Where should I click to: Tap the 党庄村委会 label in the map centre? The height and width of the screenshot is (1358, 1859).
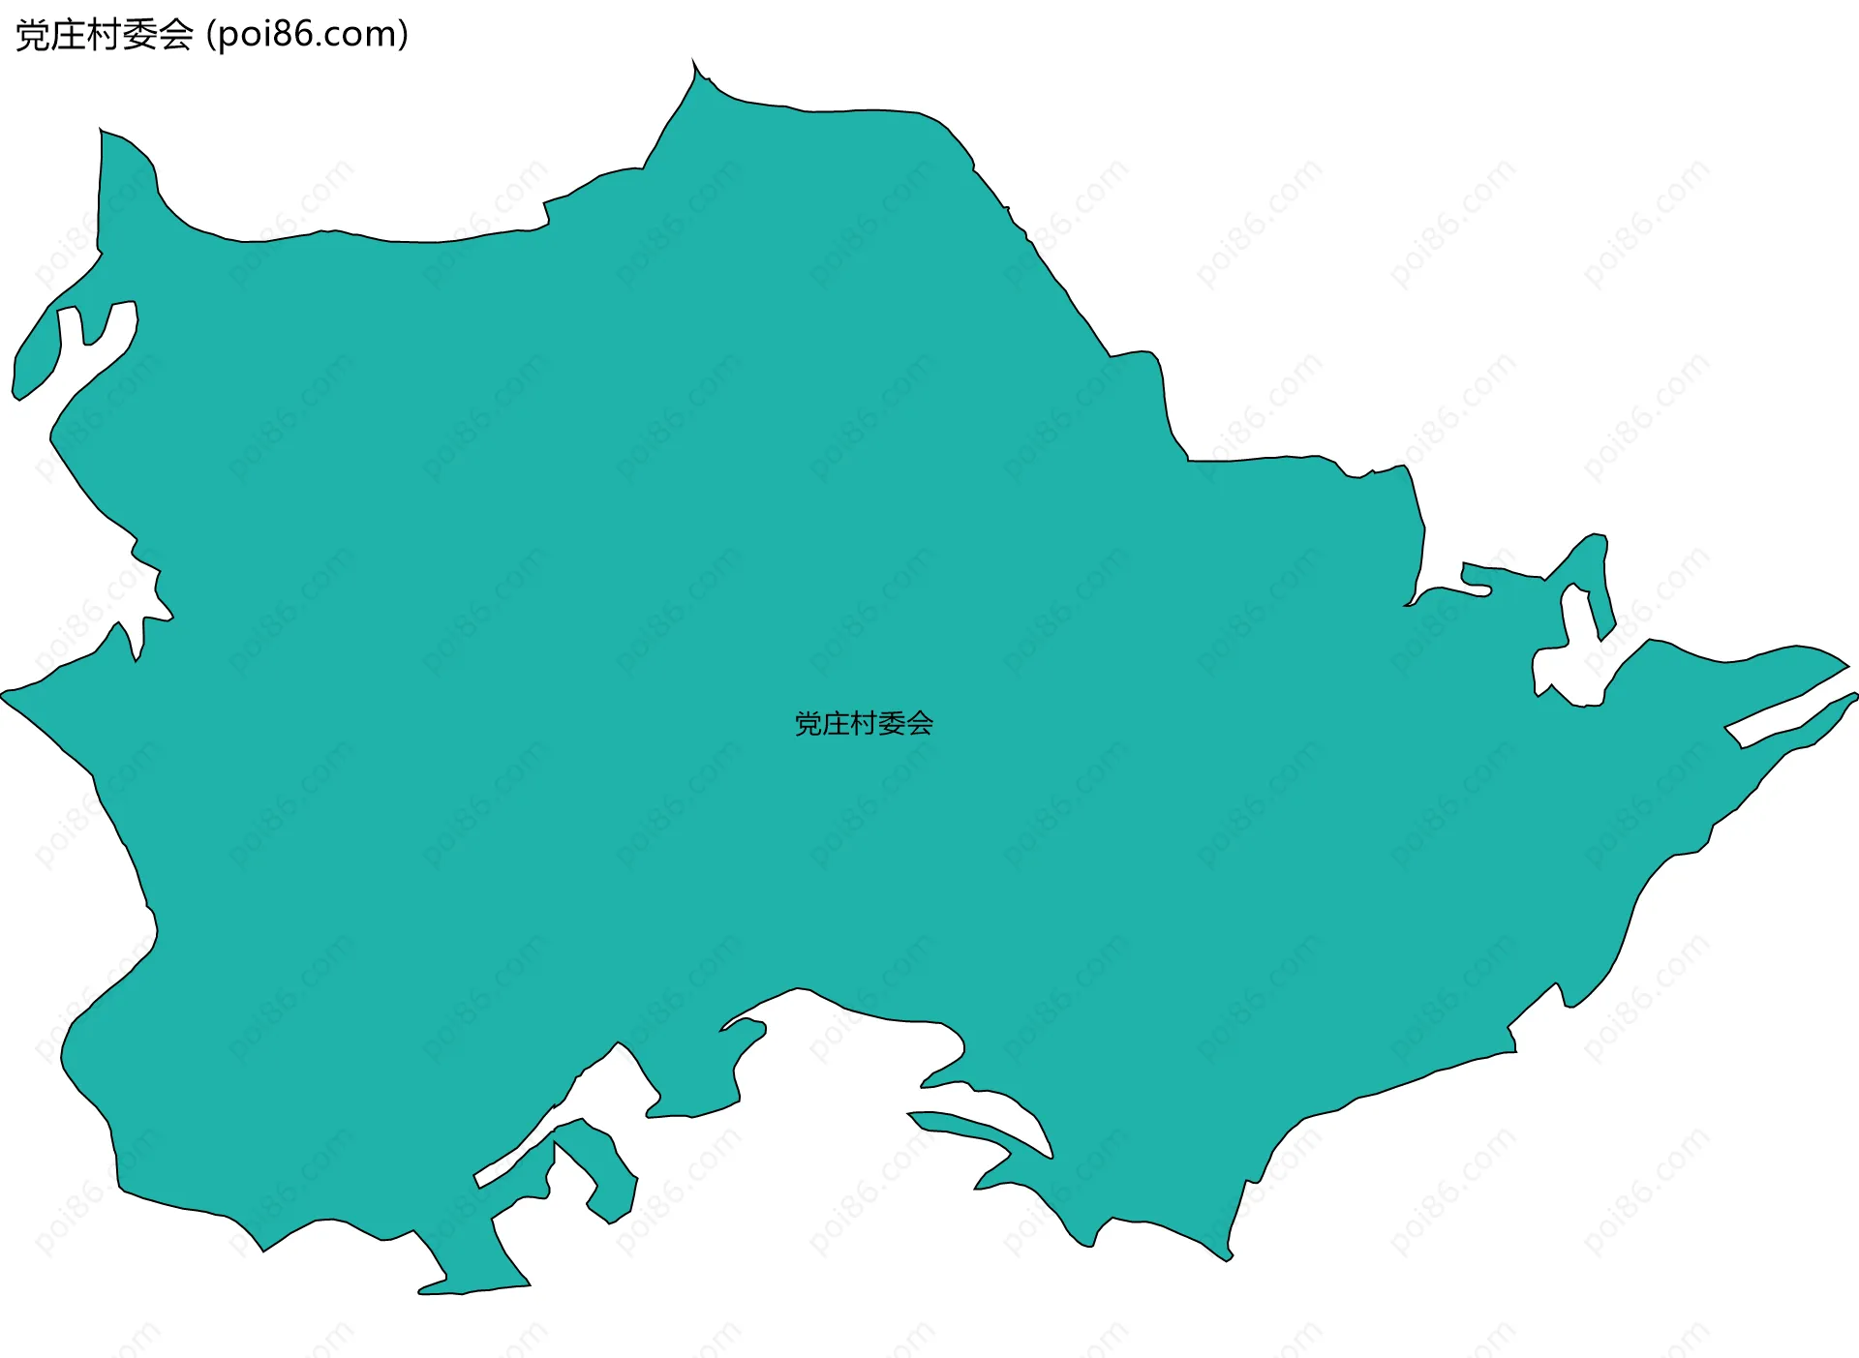click(x=864, y=723)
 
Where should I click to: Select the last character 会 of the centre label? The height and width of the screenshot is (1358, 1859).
click(x=921, y=723)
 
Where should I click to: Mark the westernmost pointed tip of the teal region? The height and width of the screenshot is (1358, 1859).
click(x=6, y=693)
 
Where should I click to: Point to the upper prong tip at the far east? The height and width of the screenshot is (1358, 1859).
click(x=1844, y=665)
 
